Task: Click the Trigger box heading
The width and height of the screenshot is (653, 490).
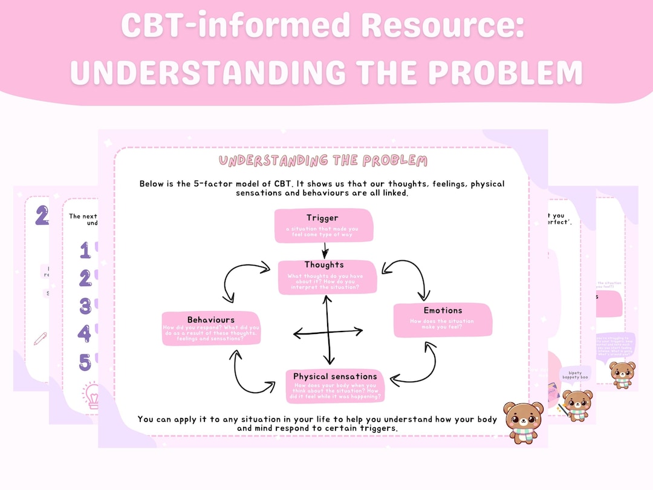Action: click(x=322, y=218)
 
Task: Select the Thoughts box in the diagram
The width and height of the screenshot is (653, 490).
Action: click(x=326, y=277)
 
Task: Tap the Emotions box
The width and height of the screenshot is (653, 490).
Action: click(x=443, y=320)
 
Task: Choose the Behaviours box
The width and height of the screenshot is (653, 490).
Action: click(x=211, y=328)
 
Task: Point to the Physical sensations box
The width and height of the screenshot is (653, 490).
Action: click(x=334, y=386)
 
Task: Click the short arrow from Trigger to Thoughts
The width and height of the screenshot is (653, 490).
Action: click(x=325, y=249)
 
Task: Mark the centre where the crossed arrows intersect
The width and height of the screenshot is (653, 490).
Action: click(x=328, y=332)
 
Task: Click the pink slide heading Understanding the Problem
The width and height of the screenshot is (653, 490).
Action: click(x=323, y=161)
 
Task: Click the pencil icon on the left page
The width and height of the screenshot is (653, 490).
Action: click(x=41, y=339)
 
